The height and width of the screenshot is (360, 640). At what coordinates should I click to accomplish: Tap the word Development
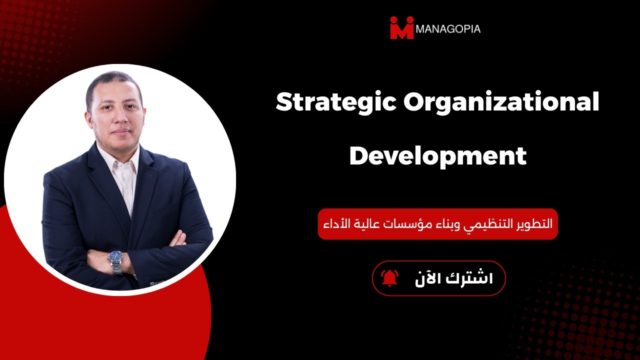pyautogui.click(x=438, y=156)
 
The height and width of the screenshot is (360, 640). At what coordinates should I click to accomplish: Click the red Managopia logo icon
pyautogui.click(x=402, y=27)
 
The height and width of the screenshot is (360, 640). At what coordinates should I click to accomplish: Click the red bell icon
pyautogui.click(x=389, y=278)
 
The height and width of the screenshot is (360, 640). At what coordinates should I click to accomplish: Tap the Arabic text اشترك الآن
pyautogui.click(x=453, y=278)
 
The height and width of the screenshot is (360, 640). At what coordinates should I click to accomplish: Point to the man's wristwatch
pyautogui.click(x=115, y=260)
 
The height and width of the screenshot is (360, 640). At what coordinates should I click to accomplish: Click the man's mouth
pyautogui.click(x=119, y=132)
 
